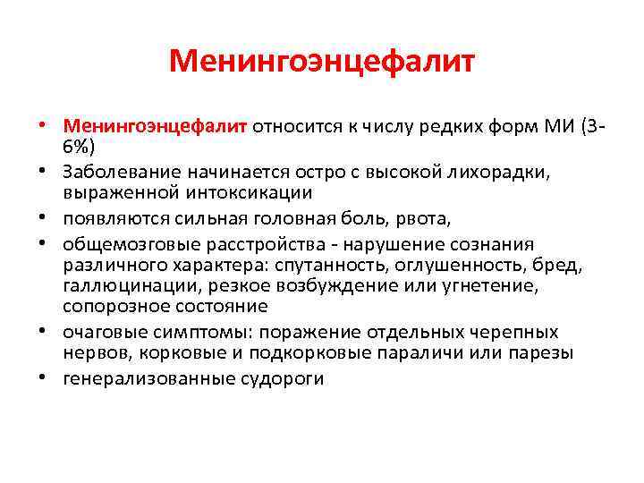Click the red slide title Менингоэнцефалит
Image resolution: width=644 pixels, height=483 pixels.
coord(322,62)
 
